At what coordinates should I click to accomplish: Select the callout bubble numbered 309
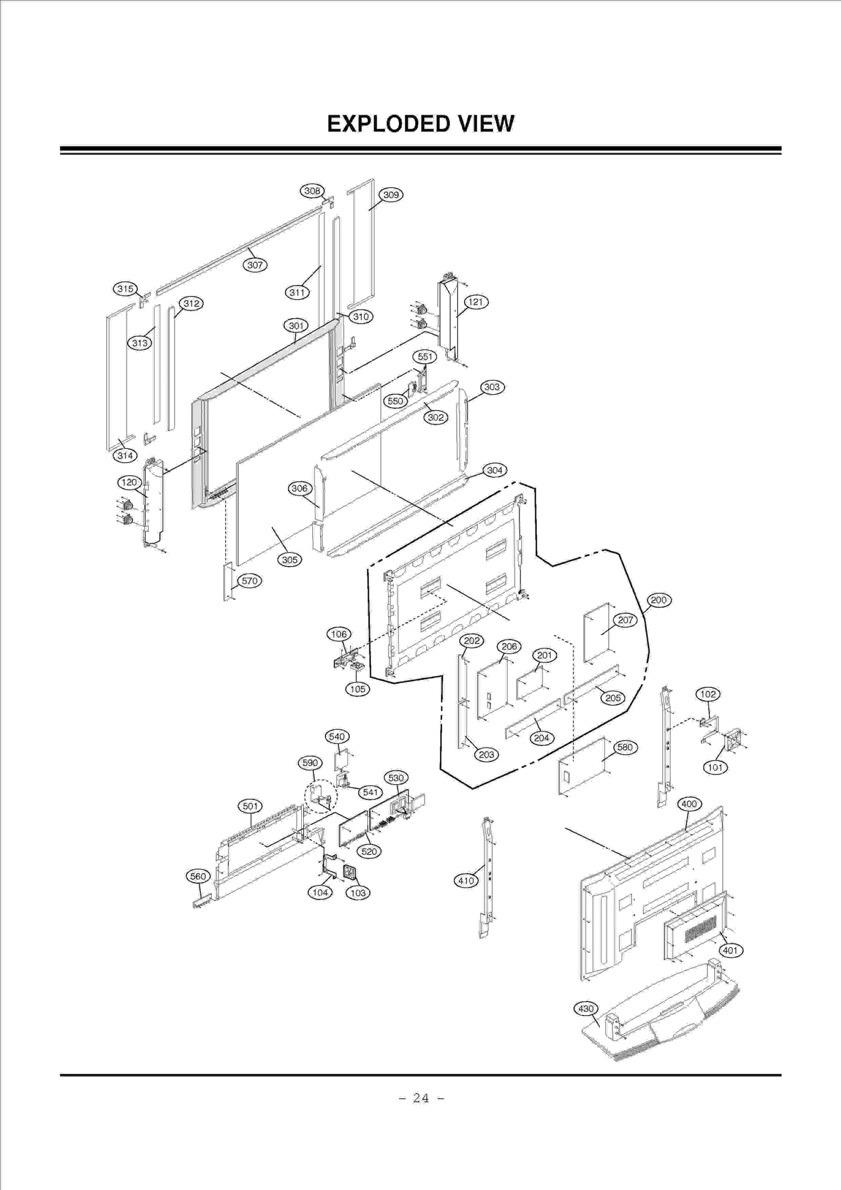391,195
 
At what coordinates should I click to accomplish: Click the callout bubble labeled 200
659,600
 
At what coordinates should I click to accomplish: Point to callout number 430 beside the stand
586,1009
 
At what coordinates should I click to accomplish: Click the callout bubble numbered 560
198,876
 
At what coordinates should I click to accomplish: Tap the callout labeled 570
250,581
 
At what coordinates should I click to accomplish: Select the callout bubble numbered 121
475,302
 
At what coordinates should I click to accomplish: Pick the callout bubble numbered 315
125,289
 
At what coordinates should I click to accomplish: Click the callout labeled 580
624,747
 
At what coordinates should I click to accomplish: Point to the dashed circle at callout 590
321,797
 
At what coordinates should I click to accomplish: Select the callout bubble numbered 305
290,560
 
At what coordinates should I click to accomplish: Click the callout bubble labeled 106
339,634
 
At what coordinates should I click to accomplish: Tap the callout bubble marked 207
625,620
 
